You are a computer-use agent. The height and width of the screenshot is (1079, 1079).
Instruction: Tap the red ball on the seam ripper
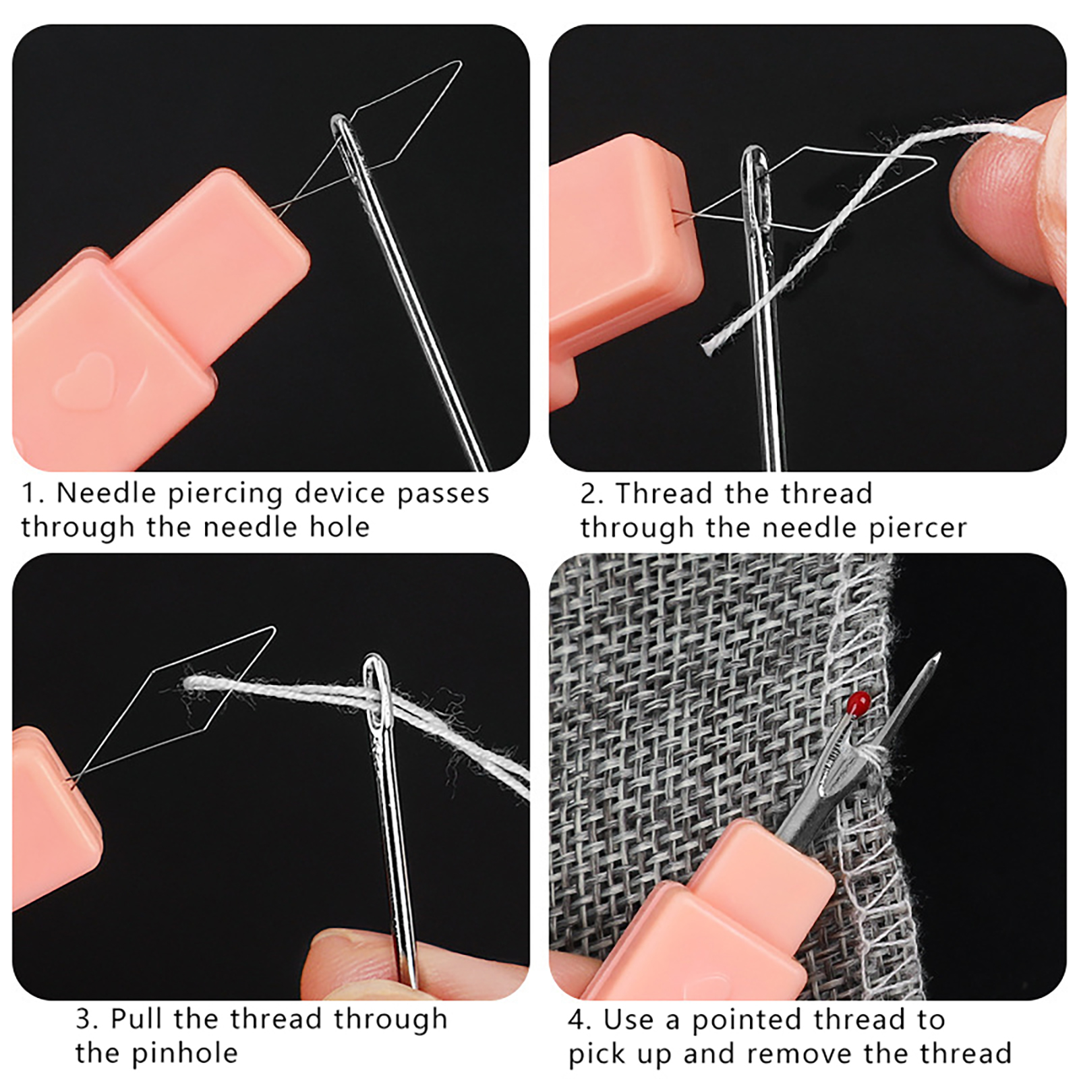point(858,703)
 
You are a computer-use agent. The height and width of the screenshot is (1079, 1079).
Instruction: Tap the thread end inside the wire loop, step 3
point(192,684)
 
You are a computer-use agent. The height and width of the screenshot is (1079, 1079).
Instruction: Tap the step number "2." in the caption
point(592,494)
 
